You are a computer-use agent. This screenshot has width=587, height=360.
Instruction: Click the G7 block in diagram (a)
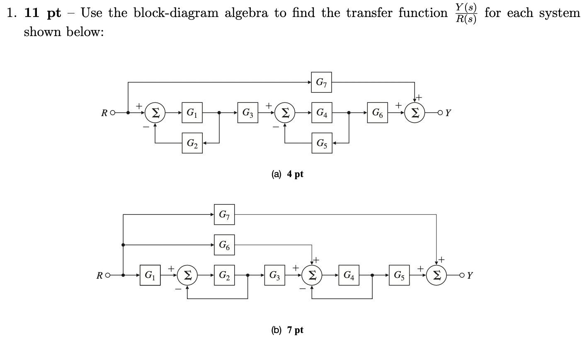322,82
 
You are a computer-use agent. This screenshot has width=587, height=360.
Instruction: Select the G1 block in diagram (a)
192,112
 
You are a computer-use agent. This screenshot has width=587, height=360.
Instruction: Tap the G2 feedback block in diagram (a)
192,144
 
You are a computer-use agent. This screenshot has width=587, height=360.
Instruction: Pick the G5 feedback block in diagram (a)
322,144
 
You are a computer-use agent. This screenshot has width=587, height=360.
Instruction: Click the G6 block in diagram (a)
378,112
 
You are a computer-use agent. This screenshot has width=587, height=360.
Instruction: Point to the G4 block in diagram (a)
322,112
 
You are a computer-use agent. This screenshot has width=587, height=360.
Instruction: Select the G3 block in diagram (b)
275,275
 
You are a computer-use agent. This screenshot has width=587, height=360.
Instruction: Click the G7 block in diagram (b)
224,215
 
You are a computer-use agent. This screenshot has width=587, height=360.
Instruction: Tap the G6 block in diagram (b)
224,245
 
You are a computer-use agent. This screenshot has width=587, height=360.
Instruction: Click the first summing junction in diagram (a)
155,112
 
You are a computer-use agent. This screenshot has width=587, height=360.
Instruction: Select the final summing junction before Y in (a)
415,112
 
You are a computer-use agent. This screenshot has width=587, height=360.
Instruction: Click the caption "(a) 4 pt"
287,174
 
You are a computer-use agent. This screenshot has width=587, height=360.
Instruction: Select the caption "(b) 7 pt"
287,330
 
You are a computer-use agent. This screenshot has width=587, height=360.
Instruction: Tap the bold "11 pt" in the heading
42,13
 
